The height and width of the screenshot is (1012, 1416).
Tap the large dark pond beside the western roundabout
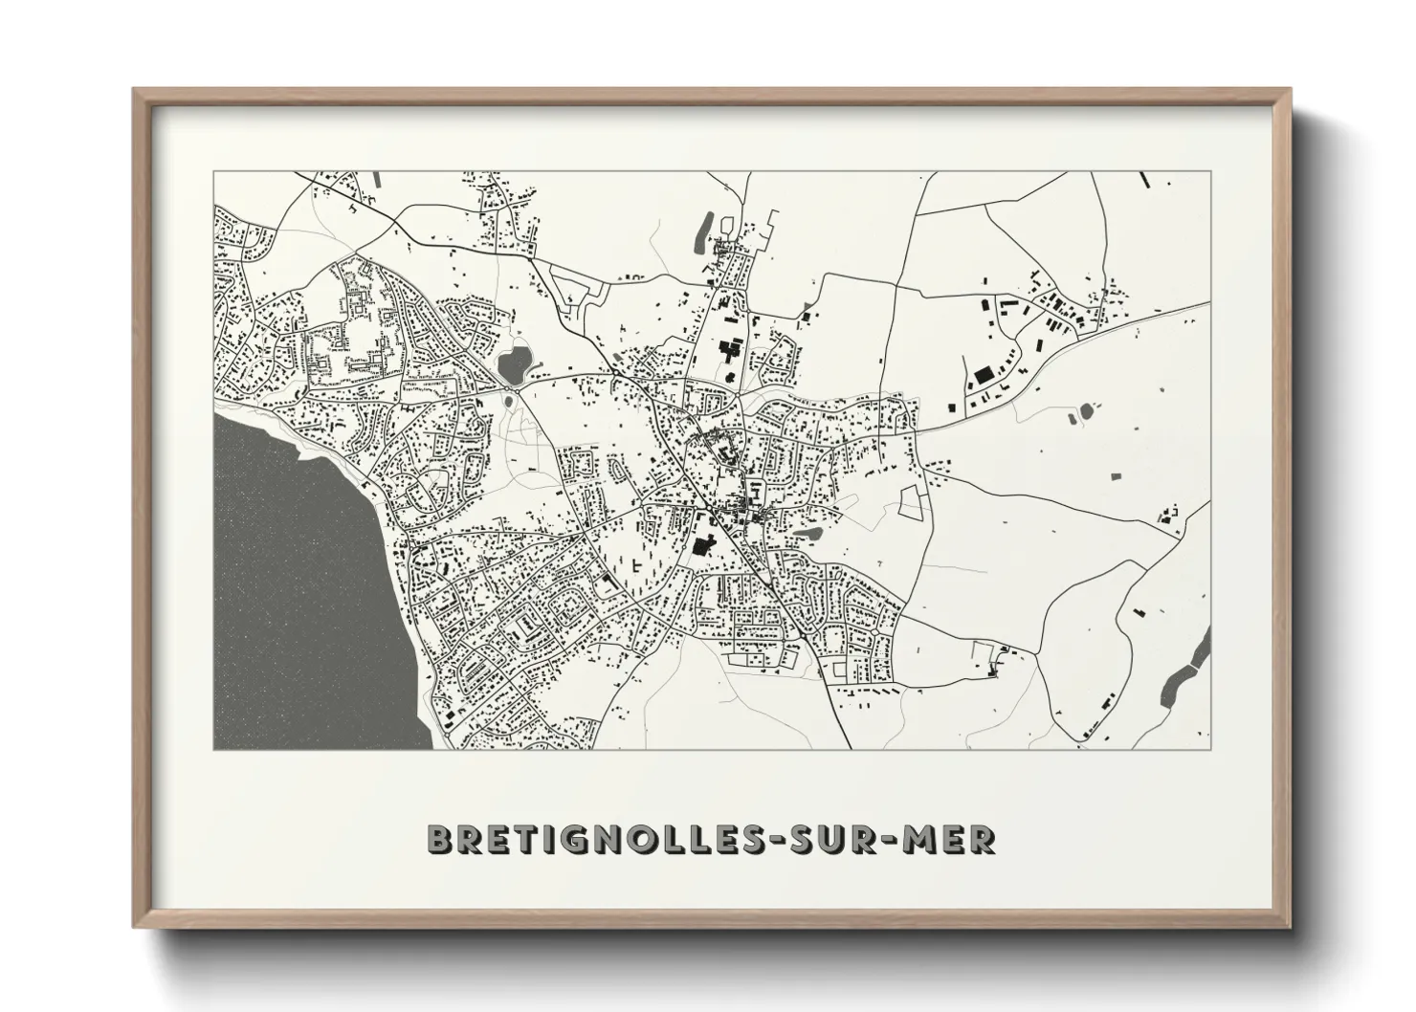(x=513, y=363)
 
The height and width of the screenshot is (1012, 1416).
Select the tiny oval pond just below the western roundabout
(x=507, y=403)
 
